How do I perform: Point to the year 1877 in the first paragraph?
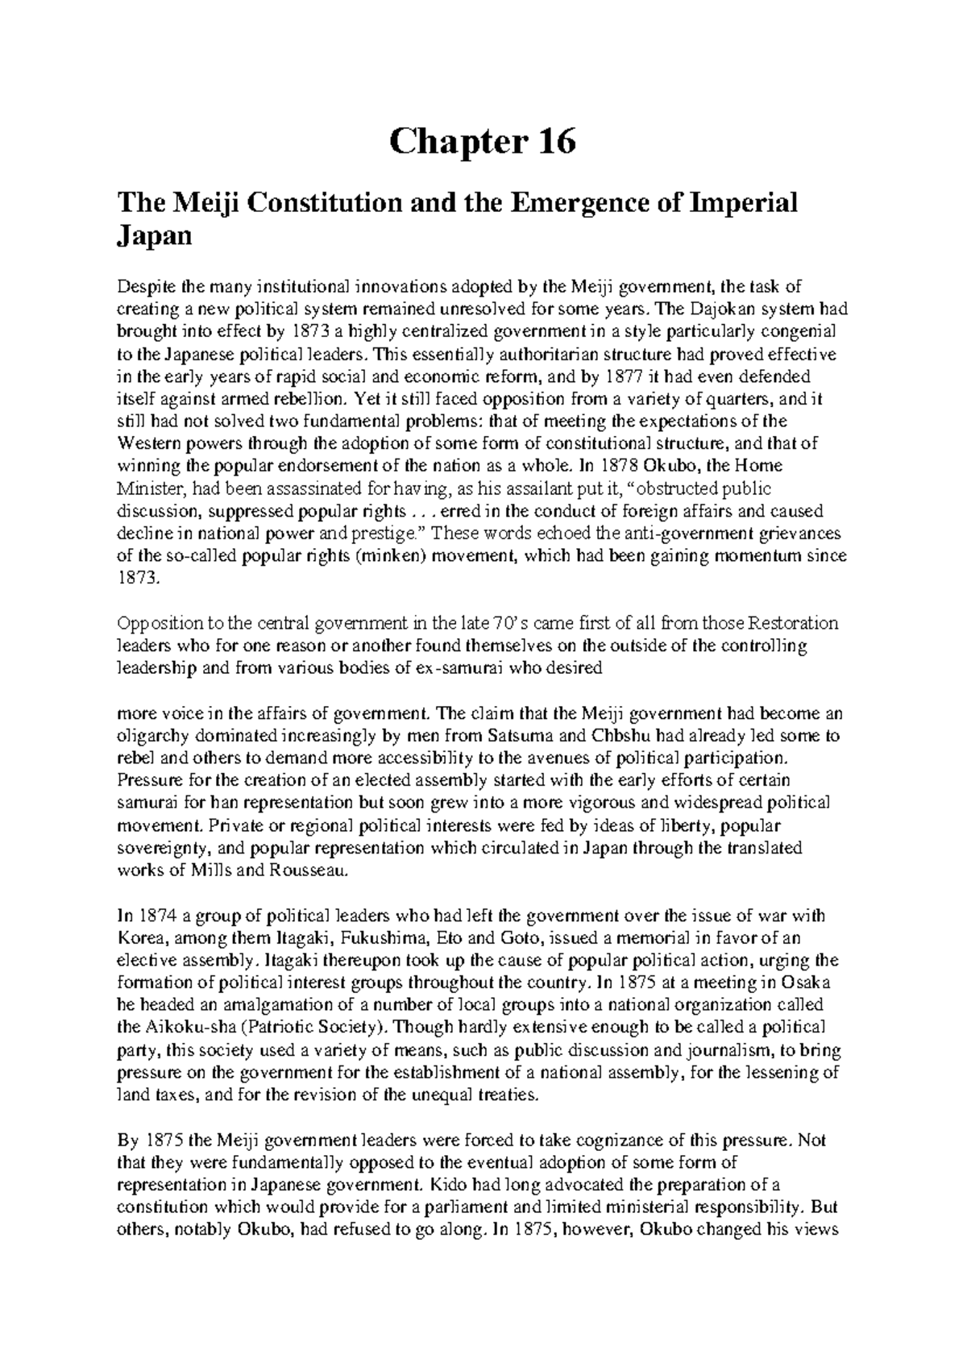[x=642, y=376]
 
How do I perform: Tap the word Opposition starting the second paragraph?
[x=156, y=624]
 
